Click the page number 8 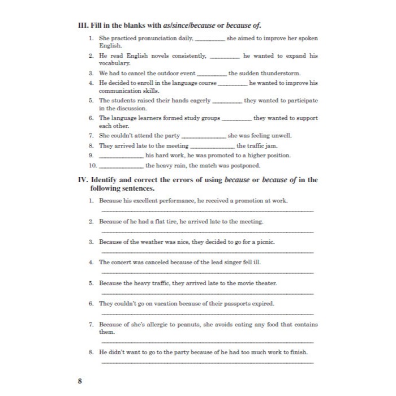80,380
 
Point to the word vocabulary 115,64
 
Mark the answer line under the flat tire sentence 206,231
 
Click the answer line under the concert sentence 206,273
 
